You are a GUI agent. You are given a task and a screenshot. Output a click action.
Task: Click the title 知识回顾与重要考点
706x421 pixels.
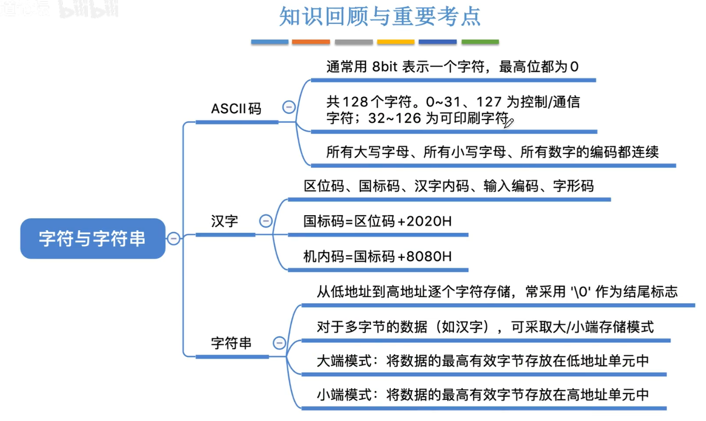tap(380, 17)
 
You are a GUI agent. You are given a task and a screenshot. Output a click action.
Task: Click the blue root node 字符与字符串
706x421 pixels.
tap(93, 238)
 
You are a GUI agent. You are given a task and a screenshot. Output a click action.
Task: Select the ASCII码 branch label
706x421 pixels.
tap(236, 109)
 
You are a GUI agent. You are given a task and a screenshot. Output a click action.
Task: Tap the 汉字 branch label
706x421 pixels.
tap(225, 221)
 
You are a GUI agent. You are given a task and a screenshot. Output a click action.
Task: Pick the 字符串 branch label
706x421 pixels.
tap(232, 343)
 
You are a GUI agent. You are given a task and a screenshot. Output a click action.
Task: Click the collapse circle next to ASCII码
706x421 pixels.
tap(289, 108)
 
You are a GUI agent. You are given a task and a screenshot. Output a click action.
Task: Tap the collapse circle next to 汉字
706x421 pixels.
tap(266, 221)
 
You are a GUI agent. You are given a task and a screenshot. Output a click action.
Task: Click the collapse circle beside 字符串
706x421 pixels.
tap(279, 343)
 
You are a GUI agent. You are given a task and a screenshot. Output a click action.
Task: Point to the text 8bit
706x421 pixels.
tap(385, 67)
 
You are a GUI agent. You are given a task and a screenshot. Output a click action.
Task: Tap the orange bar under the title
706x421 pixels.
tap(311, 41)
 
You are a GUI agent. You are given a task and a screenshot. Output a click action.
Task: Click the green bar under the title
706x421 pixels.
tap(480, 41)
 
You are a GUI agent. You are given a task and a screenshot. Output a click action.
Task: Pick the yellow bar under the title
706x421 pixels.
tap(395, 41)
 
